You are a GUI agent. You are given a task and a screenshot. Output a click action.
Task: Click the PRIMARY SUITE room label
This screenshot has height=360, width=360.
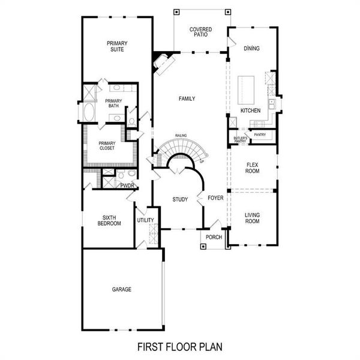click(116, 46)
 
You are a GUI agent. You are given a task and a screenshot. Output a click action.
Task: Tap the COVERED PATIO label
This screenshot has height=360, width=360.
click(200, 32)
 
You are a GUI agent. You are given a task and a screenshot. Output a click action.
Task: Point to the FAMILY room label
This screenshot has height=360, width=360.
click(187, 98)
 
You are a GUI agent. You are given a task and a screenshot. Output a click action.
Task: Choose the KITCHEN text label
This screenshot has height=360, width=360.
click(251, 112)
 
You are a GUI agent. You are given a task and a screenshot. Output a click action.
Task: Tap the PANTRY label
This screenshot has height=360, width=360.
click(260, 135)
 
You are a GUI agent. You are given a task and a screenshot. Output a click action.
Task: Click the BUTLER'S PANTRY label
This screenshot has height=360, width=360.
click(240, 139)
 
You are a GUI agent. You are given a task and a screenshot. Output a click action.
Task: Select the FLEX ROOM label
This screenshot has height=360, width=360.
click(253, 167)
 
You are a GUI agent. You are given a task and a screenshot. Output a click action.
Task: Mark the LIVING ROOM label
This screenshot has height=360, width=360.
click(253, 218)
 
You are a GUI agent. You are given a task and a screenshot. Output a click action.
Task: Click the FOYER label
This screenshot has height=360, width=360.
click(215, 197)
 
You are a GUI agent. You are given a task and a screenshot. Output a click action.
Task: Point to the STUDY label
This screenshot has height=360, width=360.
click(180, 200)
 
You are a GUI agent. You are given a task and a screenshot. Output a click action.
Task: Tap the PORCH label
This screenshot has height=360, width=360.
click(214, 237)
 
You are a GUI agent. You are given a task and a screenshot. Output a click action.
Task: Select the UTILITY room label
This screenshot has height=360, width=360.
click(145, 220)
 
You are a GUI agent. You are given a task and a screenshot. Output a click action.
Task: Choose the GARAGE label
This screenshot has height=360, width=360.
click(121, 289)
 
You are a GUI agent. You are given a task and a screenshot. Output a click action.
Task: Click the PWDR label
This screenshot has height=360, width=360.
click(127, 185)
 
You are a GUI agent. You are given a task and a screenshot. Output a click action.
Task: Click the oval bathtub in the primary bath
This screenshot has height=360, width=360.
click(89, 112)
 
